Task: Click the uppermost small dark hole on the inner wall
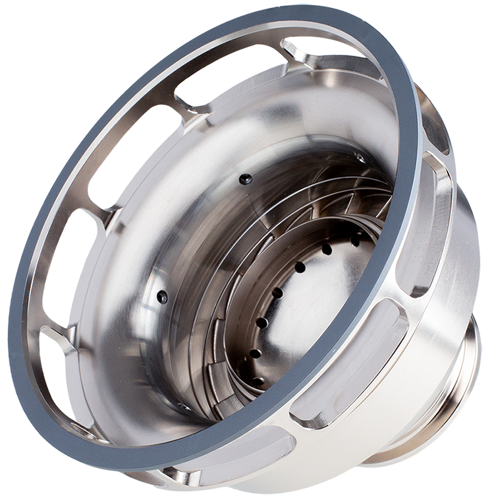(245, 179)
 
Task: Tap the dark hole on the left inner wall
(162, 297)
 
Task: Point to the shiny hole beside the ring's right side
(359, 158)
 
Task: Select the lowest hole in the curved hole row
(258, 381)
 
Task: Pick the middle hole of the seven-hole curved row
(277, 293)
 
